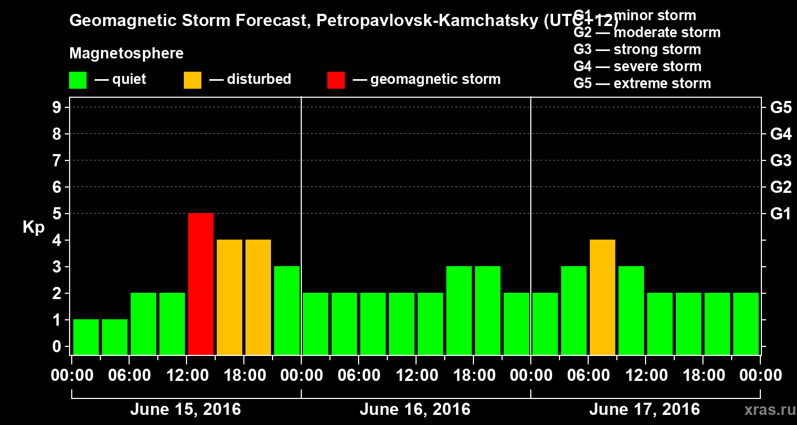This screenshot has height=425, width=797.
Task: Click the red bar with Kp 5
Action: (x=201, y=284)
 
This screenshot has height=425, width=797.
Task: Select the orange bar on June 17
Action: (x=603, y=297)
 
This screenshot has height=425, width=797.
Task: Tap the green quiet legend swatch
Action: (x=78, y=80)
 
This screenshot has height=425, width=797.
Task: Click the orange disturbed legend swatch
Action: (x=192, y=80)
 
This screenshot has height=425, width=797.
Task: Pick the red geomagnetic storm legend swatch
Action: (x=336, y=80)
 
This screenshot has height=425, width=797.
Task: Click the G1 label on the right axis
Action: (x=781, y=214)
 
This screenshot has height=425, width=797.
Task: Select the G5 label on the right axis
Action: (x=781, y=108)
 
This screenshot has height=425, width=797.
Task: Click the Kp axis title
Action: (x=33, y=227)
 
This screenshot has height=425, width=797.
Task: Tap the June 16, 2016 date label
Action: (x=415, y=410)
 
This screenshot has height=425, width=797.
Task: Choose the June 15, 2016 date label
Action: (x=185, y=410)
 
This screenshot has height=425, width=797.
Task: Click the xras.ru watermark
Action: (x=766, y=410)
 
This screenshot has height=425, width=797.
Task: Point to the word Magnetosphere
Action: (x=126, y=54)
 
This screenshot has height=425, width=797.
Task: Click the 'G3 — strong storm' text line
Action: (x=637, y=49)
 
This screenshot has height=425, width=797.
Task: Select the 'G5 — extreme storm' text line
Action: (x=642, y=83)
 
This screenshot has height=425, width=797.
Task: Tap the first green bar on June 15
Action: (x=86, y=337)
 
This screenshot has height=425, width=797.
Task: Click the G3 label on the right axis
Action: (x=781, y=161)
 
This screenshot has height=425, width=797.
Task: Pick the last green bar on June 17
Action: (x=746, y=324)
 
